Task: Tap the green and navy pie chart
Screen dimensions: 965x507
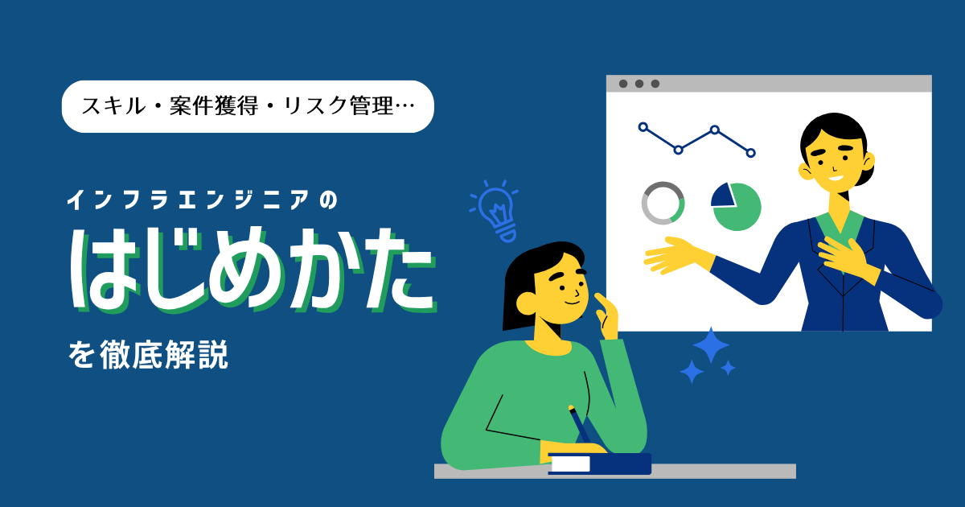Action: pos(736,207)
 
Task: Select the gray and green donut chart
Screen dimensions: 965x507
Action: pos(663,203)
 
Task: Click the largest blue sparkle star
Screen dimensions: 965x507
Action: pos(711,345)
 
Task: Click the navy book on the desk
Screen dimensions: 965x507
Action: pos(600,464)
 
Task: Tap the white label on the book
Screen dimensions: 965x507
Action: pos(571,464)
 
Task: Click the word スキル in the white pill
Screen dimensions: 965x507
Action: pos(113,106)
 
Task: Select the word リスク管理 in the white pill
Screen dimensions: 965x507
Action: pos(339,106)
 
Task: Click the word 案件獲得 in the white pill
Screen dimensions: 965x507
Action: pos(214,106)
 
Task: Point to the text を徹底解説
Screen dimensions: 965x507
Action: pos(148,355)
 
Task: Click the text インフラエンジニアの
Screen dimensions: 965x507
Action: pos(202,200)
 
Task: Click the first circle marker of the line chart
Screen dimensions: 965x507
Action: pos(643,127)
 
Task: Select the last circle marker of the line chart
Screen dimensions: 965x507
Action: pos(750,153)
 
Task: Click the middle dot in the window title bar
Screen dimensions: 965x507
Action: pos(639,84)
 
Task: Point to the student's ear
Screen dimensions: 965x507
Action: pos(526,304)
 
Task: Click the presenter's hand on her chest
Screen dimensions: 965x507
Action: pos(844,258)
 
